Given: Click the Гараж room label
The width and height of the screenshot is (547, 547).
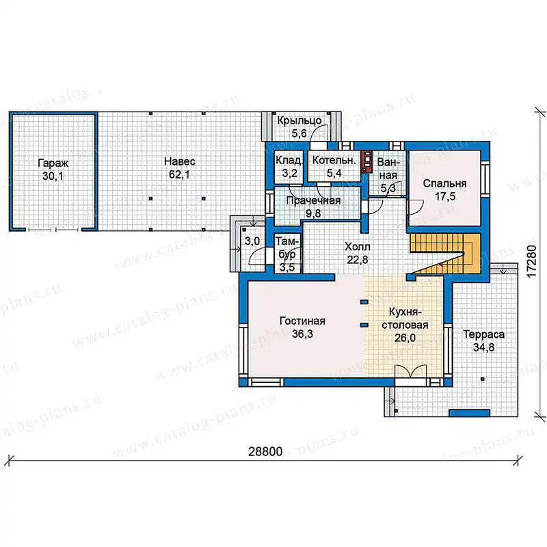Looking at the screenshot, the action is pos(53,163).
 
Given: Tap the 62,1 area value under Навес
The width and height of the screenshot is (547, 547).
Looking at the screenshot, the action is pos(179,174).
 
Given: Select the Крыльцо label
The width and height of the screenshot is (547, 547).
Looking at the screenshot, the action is pos(299,121).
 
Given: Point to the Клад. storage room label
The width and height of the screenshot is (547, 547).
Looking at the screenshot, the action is pos(289,160).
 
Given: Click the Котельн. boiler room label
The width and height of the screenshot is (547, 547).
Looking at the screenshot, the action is pos(334,160).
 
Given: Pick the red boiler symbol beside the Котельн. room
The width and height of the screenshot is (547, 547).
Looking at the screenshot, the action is pos(366,161).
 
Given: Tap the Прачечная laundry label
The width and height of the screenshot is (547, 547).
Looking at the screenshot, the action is pos(313,200).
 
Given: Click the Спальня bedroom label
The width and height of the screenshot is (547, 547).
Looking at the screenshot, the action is pos(445,183).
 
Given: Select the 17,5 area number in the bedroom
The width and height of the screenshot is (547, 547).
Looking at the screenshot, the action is pos(445,196).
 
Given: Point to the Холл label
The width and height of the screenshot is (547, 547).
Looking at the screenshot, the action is pos(358,247).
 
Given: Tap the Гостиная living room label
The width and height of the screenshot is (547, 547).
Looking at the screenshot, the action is pos(302,321).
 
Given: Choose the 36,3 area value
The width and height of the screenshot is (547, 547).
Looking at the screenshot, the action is pos(302,334).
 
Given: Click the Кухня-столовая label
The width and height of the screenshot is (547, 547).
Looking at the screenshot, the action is pos(405,318).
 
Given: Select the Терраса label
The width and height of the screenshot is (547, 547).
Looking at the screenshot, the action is pos(484,334).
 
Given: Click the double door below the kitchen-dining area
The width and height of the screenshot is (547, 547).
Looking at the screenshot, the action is pos(411,371).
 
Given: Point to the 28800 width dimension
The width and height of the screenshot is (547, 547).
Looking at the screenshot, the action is pos(265,451).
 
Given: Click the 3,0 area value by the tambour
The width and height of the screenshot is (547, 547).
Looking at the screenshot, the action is pos(252,241).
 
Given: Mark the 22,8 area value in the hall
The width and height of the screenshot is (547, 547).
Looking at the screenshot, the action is pos(358,260).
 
